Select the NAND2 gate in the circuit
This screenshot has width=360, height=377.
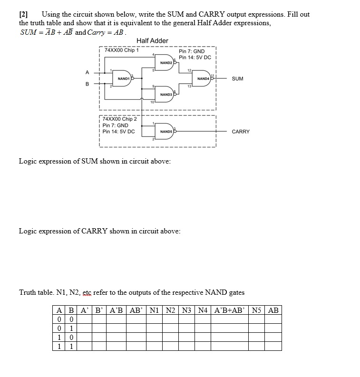[x=166, y=62]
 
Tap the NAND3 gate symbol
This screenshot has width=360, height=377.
[x=166, y=95]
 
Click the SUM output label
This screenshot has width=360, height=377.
[x=237, y=78]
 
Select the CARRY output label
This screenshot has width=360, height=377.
[x=240, y=132]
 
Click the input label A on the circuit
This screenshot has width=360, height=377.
[x=87, y=72]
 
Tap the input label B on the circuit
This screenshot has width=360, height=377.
[x=87, y=85]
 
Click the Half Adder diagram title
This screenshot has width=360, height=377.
[x=152, y=41]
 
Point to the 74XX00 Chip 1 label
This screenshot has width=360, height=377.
[x=121, y=49]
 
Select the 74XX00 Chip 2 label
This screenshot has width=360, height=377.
[x=119, y=119]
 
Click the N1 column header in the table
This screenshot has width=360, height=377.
[x=154, y=310]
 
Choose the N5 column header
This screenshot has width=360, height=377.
[x=257, y=310]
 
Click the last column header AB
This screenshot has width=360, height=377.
[x=273, y=310]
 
